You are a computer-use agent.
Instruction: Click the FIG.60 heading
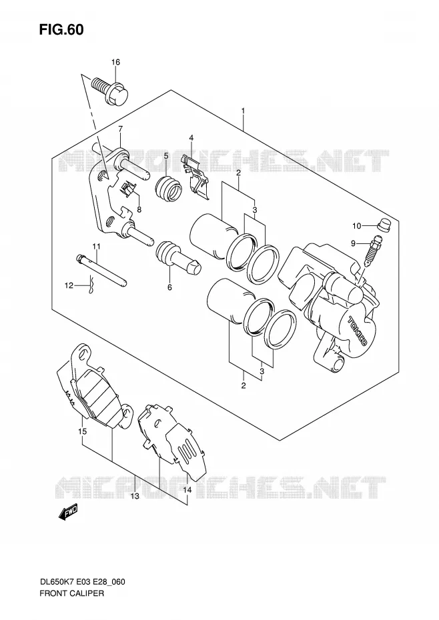click(x=61, y=29)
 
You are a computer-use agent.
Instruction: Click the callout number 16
click(x=115, y=62)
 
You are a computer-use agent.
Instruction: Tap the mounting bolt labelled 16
click(x=111, y=90)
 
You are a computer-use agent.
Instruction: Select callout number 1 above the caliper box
click(x=243, y=111)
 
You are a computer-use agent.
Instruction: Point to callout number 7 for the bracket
click(x=120, y=129)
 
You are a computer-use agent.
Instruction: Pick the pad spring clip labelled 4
click(x=195, y=176)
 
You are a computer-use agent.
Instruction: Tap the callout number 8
click(x=139, y=209)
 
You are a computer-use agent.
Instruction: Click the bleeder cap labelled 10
click(x=383, y=224)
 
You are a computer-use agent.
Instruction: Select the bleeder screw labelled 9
click(x=372, y=252)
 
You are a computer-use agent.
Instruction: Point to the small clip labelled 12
click(x=92, y=285)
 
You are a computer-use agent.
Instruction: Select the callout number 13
click(x=135, y=496)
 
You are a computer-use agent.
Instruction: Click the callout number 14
click(x=187, y=490)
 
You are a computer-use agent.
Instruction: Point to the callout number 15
click(x=82, y=431)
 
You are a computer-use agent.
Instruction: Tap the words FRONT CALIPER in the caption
click(x=71, y=604)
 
